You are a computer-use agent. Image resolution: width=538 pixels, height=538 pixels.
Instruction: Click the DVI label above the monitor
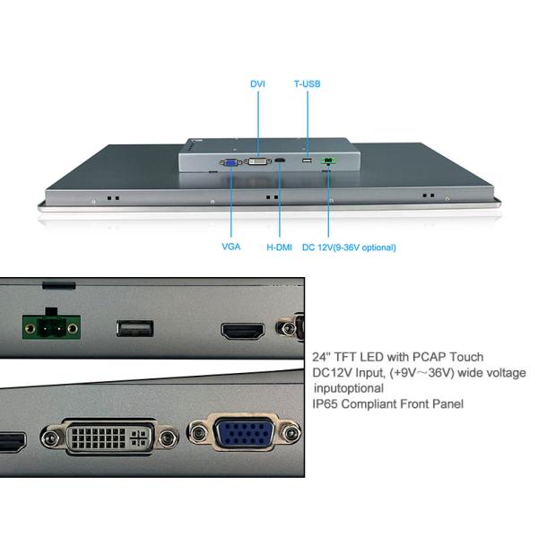coord(258,83)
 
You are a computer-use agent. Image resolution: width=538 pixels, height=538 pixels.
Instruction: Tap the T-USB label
coord(308,83)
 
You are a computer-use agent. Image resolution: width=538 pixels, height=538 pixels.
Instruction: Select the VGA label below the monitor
coord(230,247)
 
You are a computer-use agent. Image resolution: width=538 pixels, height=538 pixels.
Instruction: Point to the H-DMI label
coord(280,247)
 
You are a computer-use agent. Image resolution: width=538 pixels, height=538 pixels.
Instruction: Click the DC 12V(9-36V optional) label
coord(349,247)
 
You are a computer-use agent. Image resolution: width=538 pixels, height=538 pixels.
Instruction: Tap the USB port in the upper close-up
coord(134,328)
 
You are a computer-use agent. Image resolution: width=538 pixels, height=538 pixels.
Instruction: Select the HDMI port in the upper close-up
coord(242,331)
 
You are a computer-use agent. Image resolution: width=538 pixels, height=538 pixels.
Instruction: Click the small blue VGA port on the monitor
coord(230,162)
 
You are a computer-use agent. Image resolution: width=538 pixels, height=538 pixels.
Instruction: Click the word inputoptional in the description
coord(349,388)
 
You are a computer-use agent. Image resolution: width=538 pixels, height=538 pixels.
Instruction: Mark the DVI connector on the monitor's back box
coord(258,162)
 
